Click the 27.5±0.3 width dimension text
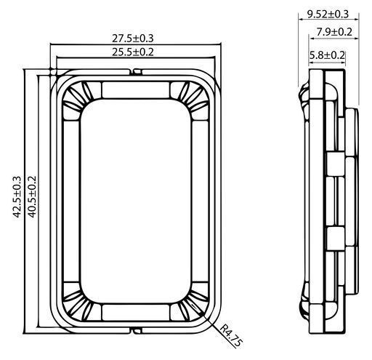(133, 39)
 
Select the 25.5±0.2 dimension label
(133, 52)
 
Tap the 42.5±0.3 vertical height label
(17, 197)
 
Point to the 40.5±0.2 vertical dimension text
(32, 197)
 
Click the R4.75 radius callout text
(231, 336)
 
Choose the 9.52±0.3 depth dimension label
(328, 14)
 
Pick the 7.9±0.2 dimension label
(334, 32)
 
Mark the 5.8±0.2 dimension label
(327, 55)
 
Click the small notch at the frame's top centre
(137, 72)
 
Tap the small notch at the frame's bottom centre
(137, 331)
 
